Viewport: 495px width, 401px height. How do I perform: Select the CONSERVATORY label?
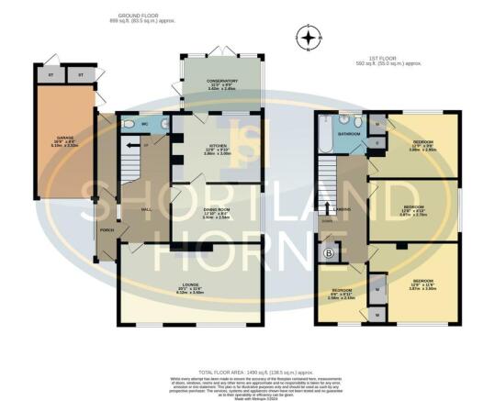220,81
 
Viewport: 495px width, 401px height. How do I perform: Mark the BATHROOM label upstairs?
348,134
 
